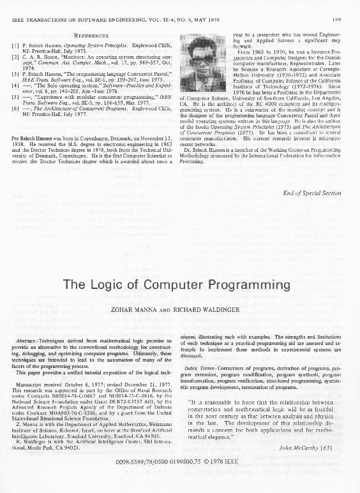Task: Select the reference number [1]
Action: point(15,47)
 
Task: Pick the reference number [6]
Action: point(15,109)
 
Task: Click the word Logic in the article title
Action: point(126,284)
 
